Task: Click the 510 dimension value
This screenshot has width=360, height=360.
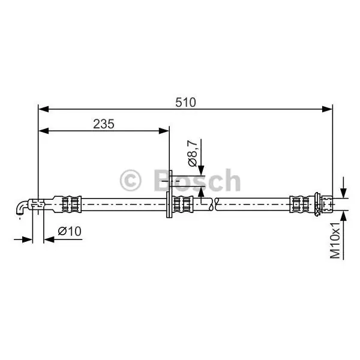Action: (x=185, y=103)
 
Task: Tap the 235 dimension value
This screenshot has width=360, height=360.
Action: (x=104, y=124)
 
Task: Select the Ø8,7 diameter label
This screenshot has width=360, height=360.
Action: (x=193, y=153)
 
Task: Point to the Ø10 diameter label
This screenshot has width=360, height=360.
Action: (x=70, y=231)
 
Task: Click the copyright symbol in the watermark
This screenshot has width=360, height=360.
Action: (x=130, y=181)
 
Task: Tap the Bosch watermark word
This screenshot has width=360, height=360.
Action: (x=197, y=181)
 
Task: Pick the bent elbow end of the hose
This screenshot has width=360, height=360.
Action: (x=21, y=208)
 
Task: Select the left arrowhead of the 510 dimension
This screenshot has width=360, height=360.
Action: (x=44, y=109)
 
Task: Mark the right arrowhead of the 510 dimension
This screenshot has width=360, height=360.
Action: (x=327, y=109)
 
